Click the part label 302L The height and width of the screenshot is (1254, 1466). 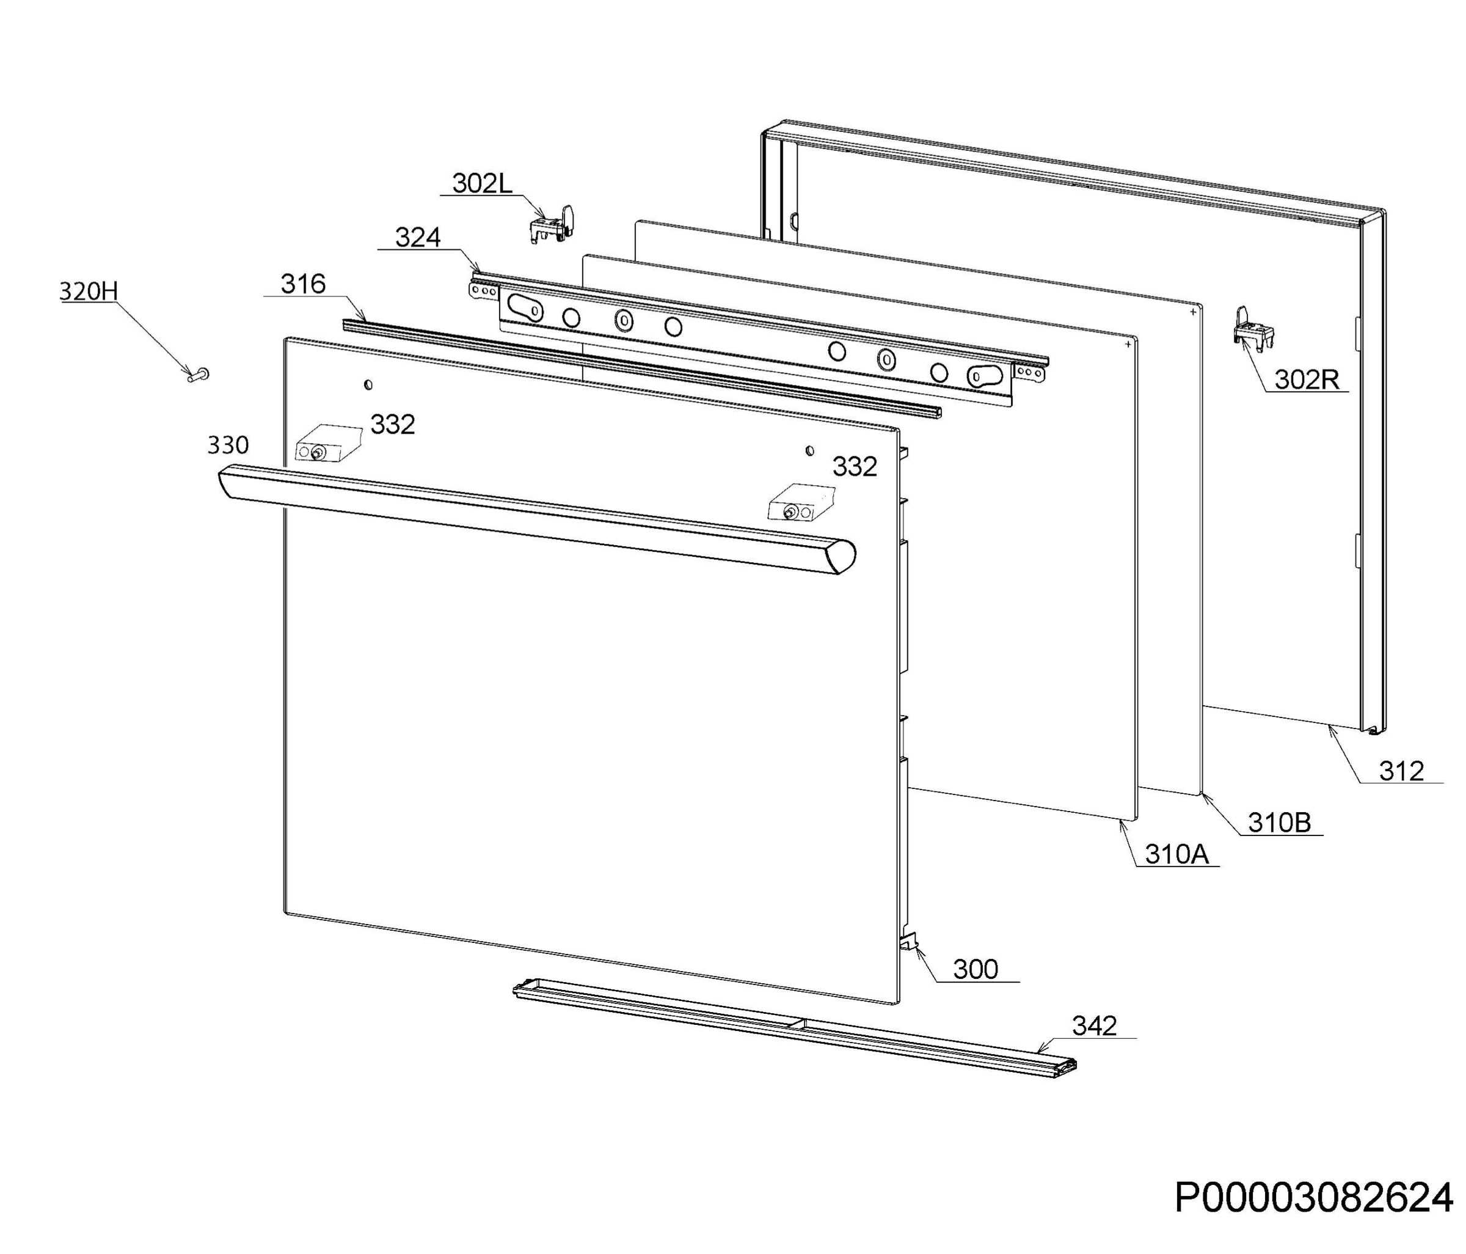click(482, 183)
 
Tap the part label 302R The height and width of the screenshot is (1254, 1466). click(1307, 380)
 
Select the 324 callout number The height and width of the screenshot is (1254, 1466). click(417, 237)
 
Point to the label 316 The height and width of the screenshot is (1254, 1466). click(303, 284)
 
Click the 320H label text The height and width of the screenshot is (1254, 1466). click(89, 291)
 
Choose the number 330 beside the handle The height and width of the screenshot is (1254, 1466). click(228, 444)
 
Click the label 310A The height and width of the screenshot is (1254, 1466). click(1177, 854)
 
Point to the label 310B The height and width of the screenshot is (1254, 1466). click(1279, 823)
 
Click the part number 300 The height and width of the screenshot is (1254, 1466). click(976, 969)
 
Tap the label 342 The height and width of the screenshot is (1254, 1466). click(1095, 1025)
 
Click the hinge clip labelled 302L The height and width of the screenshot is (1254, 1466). click(552, 224)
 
